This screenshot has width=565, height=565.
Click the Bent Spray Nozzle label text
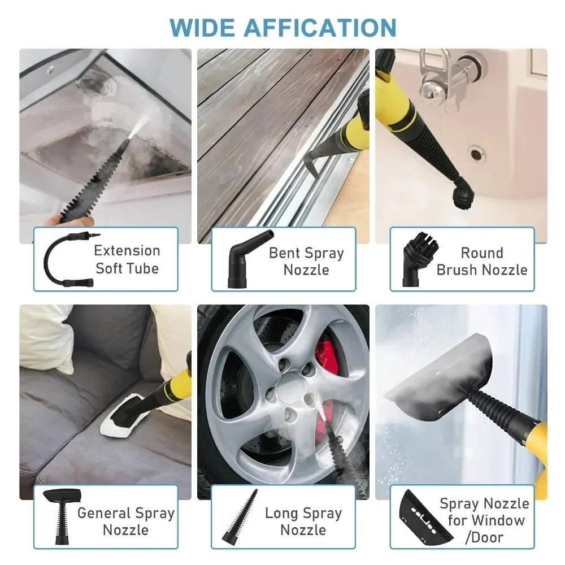pyautogui.click(x=306, y=261)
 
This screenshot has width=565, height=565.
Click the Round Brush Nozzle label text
pyautogui.click(x=481, y=261)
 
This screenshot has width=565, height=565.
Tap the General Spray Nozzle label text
pyautogui.click(x=125, y=521)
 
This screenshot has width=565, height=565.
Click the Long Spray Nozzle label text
pyautogui.click(x=303, y=521)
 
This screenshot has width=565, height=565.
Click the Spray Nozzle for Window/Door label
pyautogui.click(x=484, y=520)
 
